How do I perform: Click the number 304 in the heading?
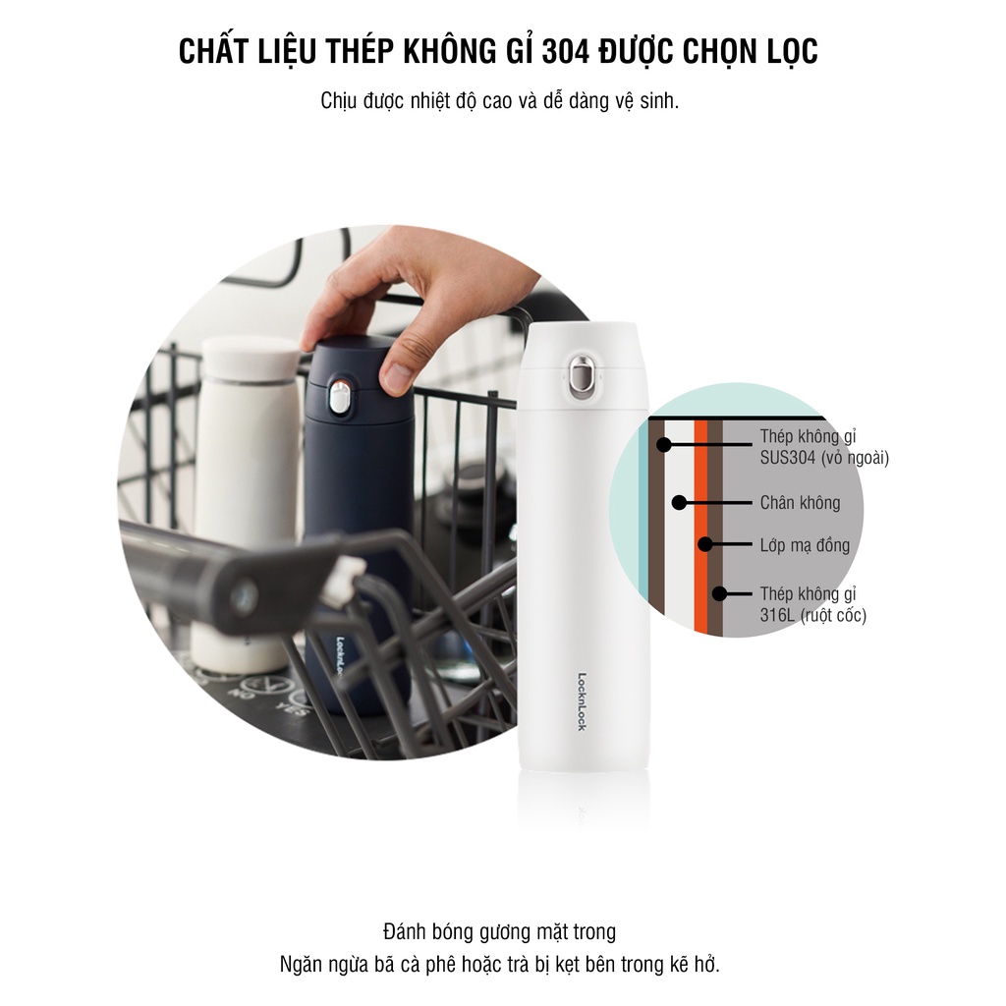click(x=564, y=52)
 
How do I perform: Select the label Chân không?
click(x=800, y=503)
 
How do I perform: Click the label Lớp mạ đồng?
click(x=805, y=545)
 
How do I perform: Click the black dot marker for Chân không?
click(x=679, y=502)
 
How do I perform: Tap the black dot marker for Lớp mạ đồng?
click(x=703, y=543)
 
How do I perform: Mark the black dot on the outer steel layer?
click(x=664, y=444)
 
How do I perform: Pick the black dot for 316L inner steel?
click(x=719, y=593)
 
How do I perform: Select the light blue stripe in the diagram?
click(x=643, y=550)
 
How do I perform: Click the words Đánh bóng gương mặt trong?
click(x=500, y=931)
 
